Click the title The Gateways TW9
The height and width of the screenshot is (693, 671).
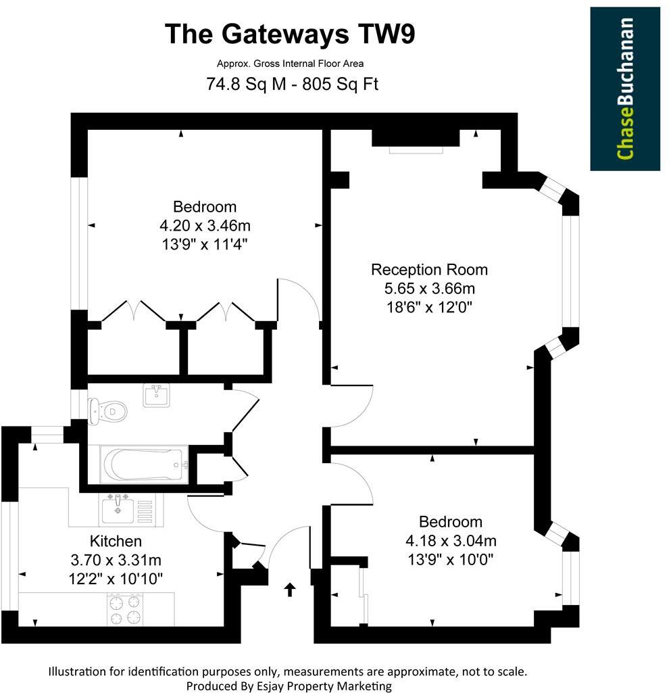point(291,34)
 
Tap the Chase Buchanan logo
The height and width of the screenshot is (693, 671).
point(625,89)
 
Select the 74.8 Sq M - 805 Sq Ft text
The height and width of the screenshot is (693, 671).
point(292,85)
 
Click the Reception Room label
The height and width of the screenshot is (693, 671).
point(429,270)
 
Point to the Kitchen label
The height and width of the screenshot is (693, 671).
point(116,541)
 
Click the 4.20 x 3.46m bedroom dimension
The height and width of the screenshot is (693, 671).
point(205,225)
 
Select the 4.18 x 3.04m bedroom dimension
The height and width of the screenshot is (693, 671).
point(451,540)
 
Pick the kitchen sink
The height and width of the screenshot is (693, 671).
point(119,509)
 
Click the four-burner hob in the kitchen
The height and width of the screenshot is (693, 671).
point(126,608)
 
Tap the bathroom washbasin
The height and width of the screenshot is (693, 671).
point(157,394)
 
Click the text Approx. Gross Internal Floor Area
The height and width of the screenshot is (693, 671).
point(290,64)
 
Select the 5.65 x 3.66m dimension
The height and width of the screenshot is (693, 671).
point(429,288)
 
